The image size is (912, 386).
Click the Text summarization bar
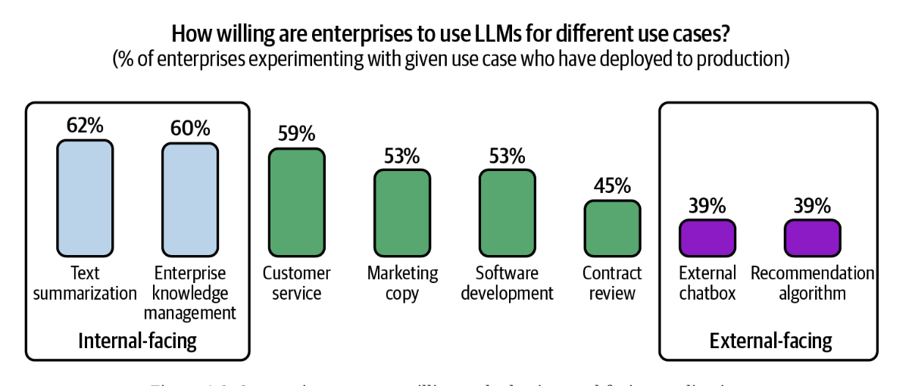coord(85,198)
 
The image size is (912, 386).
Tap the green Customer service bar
coord(296,202)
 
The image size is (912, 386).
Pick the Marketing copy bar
coord(402,212)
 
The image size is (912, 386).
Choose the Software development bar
coord(508,212)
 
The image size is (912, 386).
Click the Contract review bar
coord(612,228)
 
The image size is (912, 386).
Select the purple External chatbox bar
coord(707,237)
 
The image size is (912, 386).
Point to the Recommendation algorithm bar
coord(812,237)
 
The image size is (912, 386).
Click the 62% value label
coord(85,126)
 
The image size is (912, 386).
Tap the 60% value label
coord(190,128)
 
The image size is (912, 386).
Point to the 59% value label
coord(296,134)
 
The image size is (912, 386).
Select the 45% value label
coord(612,185)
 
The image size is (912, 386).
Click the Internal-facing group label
coord(137,341)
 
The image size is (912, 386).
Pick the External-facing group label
coord(770,341)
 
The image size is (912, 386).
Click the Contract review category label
coord(612,282)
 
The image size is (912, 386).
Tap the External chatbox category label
coord(707,282)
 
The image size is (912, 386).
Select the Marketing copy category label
coord(402,282)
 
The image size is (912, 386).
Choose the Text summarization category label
coord(85,282)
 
